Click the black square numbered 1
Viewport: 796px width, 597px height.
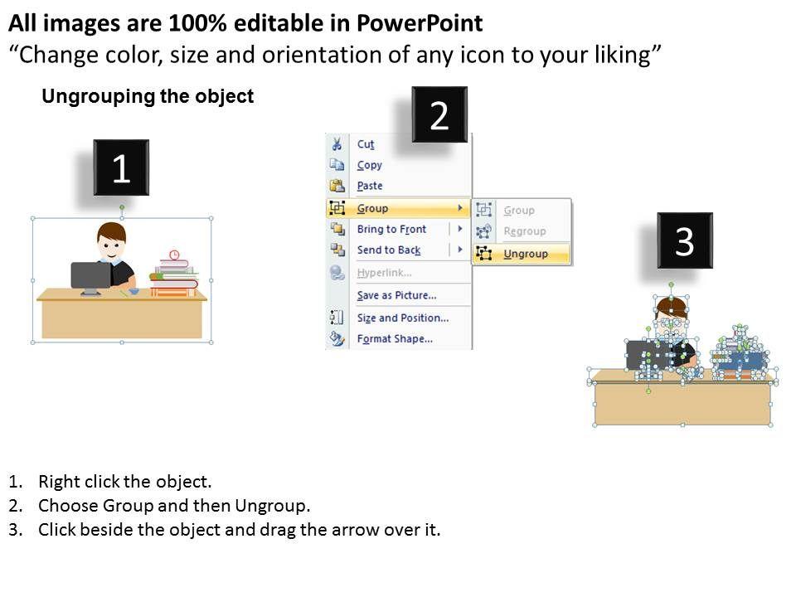click(x=121, y=167)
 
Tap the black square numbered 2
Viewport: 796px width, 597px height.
click(x=439, y=114)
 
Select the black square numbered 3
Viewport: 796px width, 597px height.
click(x=685, y=240)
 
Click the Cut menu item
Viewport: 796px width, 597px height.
click(x=366, y=144)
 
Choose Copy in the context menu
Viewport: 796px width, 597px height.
click(x=369, y=165)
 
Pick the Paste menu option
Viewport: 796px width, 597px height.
click(x=370, y=186)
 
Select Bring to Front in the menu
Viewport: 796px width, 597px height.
click(x=391, y=229)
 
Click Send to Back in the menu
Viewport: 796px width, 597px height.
click(x=389, y=250)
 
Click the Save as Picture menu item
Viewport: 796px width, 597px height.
click(x=396, y=295)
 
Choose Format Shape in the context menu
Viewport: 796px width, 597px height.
click(x=395, y=338)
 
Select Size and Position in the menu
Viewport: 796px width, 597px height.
click(x=403, y=318)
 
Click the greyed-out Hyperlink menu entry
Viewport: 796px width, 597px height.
click(x=384, y=273)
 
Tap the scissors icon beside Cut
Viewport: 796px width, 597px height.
click(x=337, y=143)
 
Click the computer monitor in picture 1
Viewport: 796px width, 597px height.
click(x=90, y=278)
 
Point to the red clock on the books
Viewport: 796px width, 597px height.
click(x=174, y=255)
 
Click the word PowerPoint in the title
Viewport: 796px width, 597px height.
click(x=420, y=23)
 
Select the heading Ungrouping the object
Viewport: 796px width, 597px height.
click(x=148, y=96)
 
